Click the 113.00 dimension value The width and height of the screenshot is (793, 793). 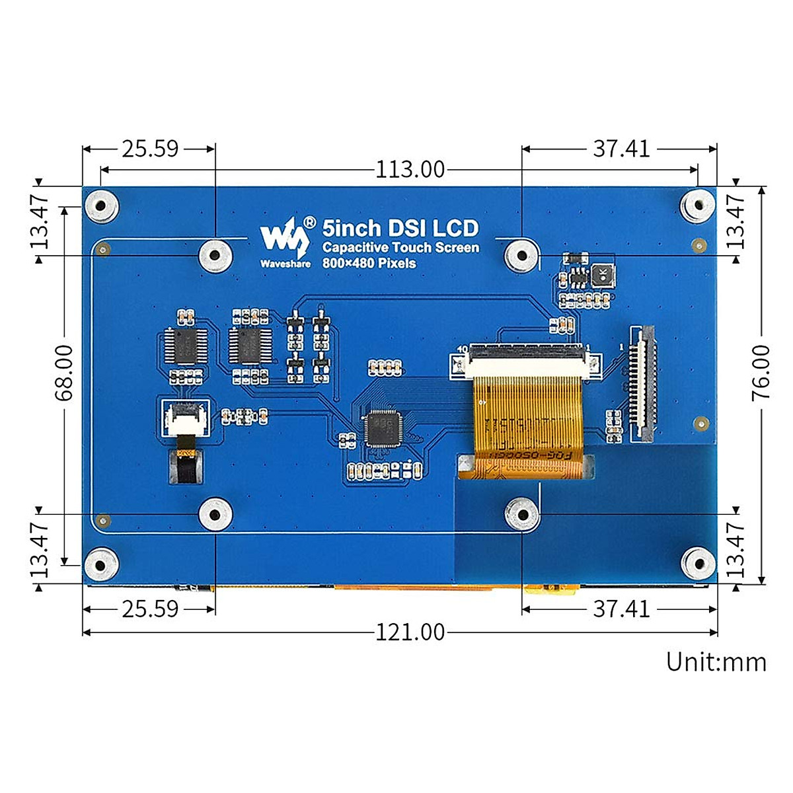click(410, 170)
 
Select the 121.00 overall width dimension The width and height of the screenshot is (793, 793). click(410, 632)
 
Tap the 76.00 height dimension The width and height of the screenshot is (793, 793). click(761, 371)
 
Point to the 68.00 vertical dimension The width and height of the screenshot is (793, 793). click(64, 373)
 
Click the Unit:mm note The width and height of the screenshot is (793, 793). click(716, 661)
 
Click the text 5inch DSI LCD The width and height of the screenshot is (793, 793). click(400, 229)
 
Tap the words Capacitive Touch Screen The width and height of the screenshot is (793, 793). click(400, 248)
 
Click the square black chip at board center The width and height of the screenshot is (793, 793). click(381, 428)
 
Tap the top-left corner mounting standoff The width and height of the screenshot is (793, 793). click(101, 206)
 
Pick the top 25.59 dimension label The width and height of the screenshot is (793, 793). click(150, 149)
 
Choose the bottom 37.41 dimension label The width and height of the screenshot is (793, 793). click(621, 609)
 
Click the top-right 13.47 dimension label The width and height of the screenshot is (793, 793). click(735, 221)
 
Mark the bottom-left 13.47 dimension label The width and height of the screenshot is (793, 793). click(40, 548)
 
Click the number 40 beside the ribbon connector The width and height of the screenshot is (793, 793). click(462, 348)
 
